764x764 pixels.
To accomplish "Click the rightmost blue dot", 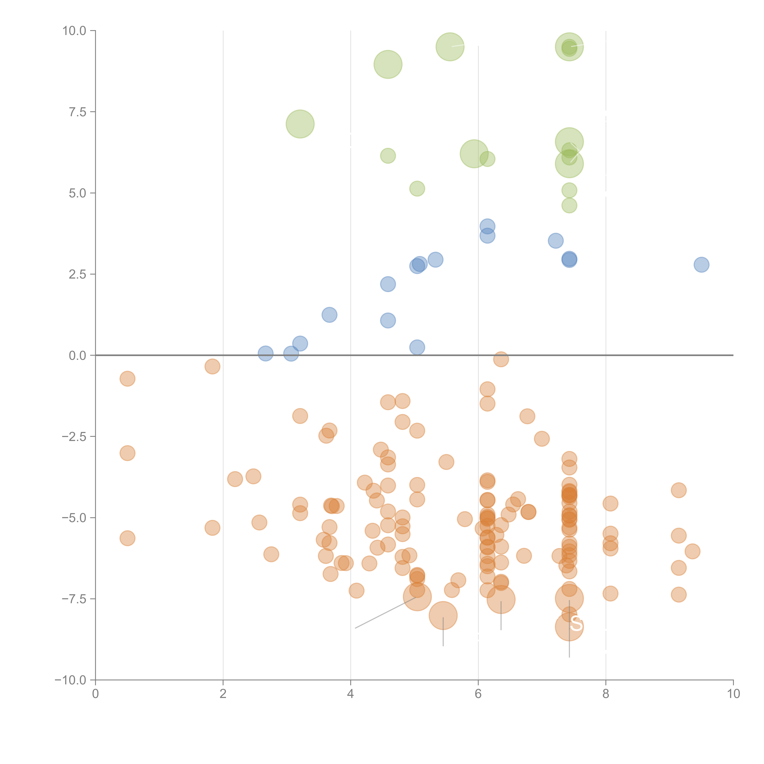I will click(x=701, y=264).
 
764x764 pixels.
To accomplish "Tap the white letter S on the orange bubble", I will click(x=576, y=624).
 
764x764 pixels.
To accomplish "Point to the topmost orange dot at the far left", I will click(x=127, y=379).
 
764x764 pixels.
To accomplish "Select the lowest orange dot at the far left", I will click(x=127, y=538).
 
